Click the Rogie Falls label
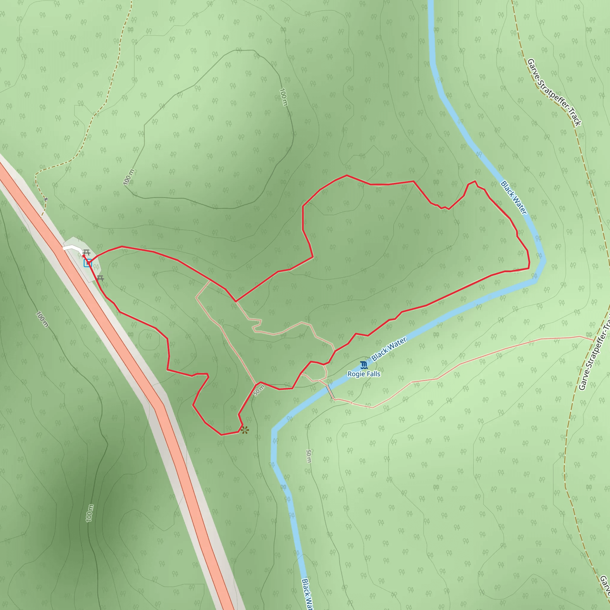point(364,374)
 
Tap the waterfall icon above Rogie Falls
point(364,365)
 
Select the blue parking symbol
point(88,263)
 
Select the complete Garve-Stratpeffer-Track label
point(554,92)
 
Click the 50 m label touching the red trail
point(259,391)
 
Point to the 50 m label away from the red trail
point(309,456)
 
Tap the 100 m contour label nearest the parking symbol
point(129,177)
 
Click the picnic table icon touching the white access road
point(86,253)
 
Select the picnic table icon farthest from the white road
point(101,278)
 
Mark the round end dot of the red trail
point(83,256)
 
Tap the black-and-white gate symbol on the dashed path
point(46,199)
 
